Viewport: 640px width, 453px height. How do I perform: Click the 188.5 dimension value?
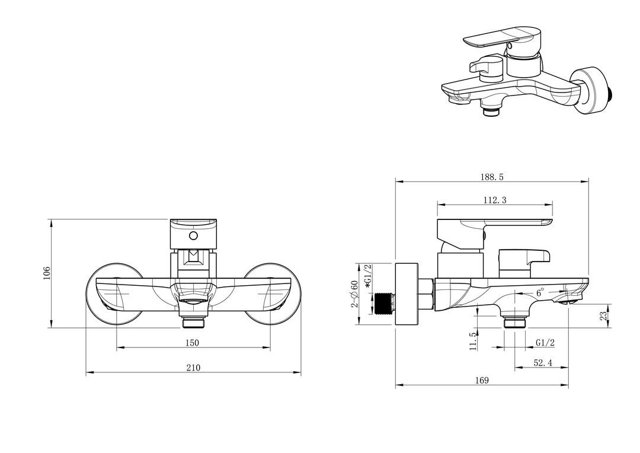[x=492, y=177]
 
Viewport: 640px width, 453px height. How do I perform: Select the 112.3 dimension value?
[x=495, y=200]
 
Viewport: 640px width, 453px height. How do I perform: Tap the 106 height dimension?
[x=47, y=273]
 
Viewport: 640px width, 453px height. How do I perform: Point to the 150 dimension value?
[x=192, y=343]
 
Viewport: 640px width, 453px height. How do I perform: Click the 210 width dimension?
[x=193, y=368]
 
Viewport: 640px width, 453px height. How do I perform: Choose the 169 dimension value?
[x=482, y=380]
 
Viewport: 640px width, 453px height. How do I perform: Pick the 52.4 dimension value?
[x=543, y=363]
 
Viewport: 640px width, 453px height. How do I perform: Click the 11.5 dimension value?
[x=473, y=341]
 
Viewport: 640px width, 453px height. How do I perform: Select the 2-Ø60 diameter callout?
[x=354, y=294]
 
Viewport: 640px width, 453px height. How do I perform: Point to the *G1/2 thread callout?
[x=368, y=276]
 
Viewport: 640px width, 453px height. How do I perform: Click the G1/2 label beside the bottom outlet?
[x=545, y=343]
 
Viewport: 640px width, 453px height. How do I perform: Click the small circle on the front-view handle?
[x=193, y=236]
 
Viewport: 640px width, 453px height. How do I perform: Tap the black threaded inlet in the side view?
[x=384, y=304]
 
